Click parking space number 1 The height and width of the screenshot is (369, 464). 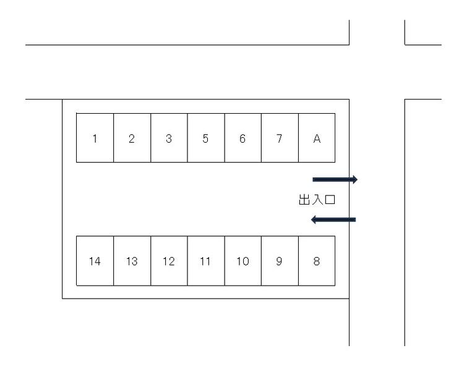(95, 138)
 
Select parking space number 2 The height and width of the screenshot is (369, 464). (132, 138)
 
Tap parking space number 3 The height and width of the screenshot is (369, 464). (169, 138)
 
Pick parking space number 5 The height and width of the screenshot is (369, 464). (206, 138)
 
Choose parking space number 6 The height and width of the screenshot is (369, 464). (243, 138)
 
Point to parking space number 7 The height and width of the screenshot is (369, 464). (280, 138)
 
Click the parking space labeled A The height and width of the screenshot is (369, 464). (317, 138)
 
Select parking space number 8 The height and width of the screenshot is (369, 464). (317, 261)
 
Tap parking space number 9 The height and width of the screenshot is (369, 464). (280, 261)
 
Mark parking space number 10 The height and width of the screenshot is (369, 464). (243, 261)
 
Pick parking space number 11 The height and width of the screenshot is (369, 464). (206, 261)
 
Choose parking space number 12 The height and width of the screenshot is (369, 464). (169, 261)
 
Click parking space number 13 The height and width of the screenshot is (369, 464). (132, 261)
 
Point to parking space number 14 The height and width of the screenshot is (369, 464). (95, 261)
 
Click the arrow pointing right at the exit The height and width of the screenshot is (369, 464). (335, 179)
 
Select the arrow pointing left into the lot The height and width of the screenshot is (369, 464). (333, 219)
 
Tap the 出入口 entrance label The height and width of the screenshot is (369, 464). (317, 200)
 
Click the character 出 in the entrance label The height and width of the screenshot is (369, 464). (304, 200)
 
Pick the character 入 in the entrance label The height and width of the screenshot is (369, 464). (317, 200)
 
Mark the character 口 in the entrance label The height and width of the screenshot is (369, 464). (330, 200)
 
